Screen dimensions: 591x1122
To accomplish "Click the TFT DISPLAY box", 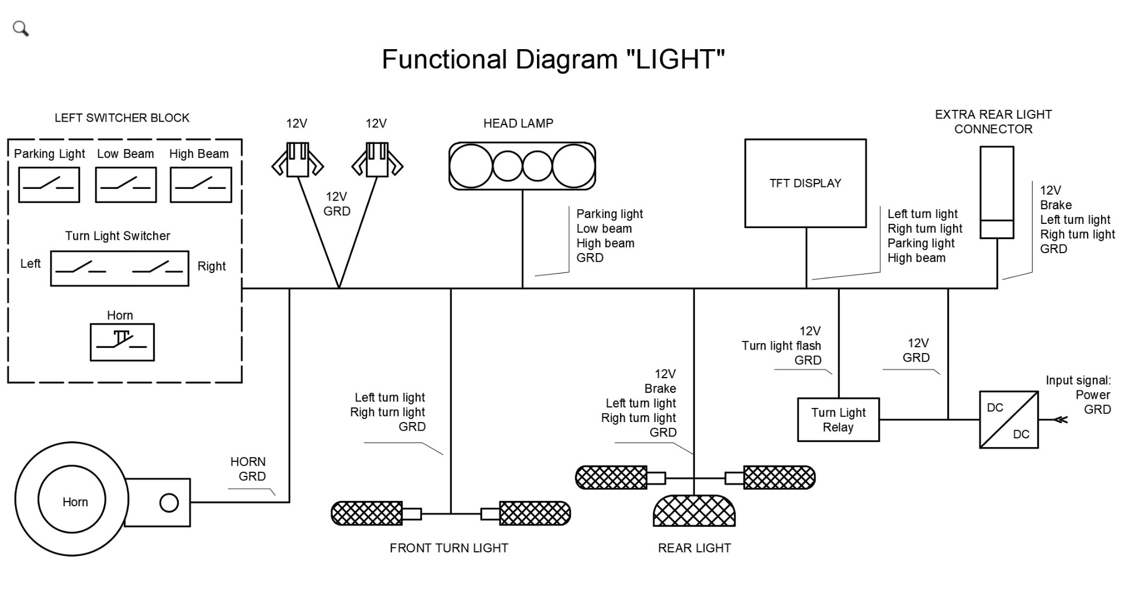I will click(805, 183).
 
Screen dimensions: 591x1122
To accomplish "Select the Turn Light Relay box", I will click(838, 420).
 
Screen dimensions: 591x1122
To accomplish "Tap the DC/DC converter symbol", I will click(1009, 420).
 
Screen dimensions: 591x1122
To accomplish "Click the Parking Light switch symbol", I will click(49, 185).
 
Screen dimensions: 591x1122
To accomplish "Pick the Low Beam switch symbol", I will click(126, 185).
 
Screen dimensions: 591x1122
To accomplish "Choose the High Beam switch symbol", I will click(200, 185).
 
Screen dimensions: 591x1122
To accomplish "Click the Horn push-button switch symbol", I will click(122, 342).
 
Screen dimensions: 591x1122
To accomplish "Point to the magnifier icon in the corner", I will click(20, 28).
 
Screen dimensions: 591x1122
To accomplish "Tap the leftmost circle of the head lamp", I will click(470, 166).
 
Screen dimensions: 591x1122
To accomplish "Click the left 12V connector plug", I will click(297, 160).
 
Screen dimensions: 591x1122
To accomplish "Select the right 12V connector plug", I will click(377, 160).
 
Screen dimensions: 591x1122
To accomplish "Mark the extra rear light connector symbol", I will click(996, 192).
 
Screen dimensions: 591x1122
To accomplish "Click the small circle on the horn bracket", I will click(169, 503).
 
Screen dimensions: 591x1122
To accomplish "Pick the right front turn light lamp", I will click(534, 513).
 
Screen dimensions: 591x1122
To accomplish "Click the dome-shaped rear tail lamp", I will click(694, 511).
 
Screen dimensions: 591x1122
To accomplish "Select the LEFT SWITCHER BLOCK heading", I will click(122, 118).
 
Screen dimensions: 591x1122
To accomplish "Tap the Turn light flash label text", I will click(781, 346).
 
